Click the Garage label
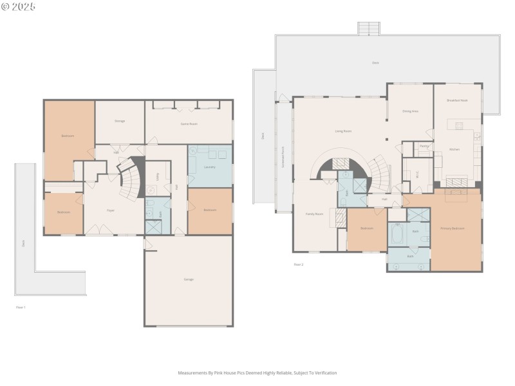tap(189, 279)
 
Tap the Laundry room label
tap(209, 167)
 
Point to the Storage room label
tap(120, 121)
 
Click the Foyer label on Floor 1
tap(111, 210)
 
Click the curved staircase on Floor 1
tap(133, 178)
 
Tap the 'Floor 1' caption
tap(21, 308)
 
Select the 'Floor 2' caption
tap(298, 264)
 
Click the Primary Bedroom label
tap(452, 228)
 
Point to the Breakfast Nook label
tap(457, 101)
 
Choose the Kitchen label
tap(454, 149)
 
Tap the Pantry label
tap(424, 147)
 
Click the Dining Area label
tap(410, 111)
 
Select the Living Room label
tap(343, 131)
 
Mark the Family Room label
tap(314, 214)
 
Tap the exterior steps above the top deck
tap(369, 29)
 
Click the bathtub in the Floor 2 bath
tap(397, 235)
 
